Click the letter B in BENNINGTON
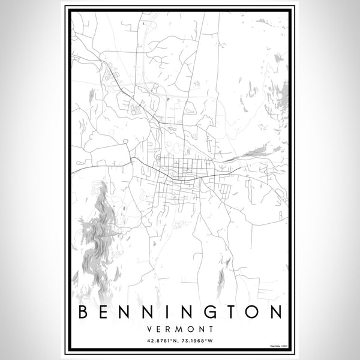83,312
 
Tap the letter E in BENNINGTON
106,312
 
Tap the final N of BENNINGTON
275,312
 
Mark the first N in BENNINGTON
130,312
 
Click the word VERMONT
180,328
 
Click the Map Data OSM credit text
278,347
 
